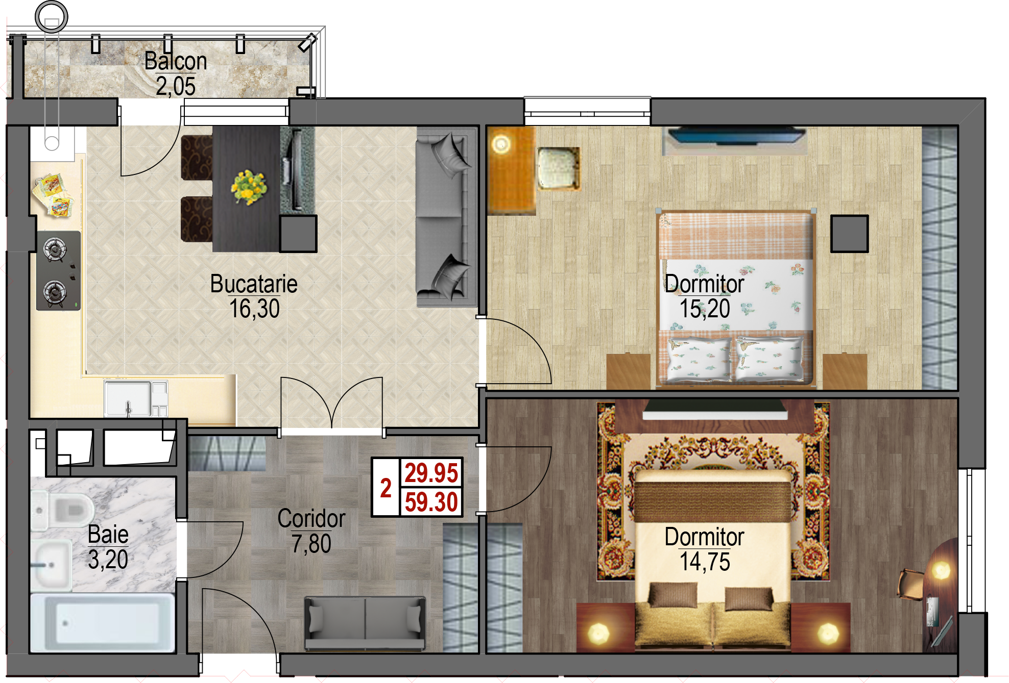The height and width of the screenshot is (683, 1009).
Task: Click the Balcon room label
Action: tap(176, 61)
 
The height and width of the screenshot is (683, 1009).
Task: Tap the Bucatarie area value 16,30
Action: tap(254, 309)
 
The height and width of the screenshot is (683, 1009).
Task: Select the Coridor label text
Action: tap(311, 519)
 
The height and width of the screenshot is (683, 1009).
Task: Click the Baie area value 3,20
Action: tap(108, 560)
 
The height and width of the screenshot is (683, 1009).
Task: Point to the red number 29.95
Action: tap(431, 473)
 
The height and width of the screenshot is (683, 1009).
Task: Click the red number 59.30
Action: tap(431, 502)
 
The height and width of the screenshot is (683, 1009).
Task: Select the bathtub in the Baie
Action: tap(103, 623)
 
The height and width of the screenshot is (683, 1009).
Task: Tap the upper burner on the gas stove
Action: tap(55, 250)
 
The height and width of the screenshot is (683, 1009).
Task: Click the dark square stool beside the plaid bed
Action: tap(849, 234)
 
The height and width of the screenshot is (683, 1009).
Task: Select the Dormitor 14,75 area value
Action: tap(705, 562)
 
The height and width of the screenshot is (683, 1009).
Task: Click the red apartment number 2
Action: tap(386, 488)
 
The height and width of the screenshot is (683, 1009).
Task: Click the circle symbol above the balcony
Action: tap(51, 16)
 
